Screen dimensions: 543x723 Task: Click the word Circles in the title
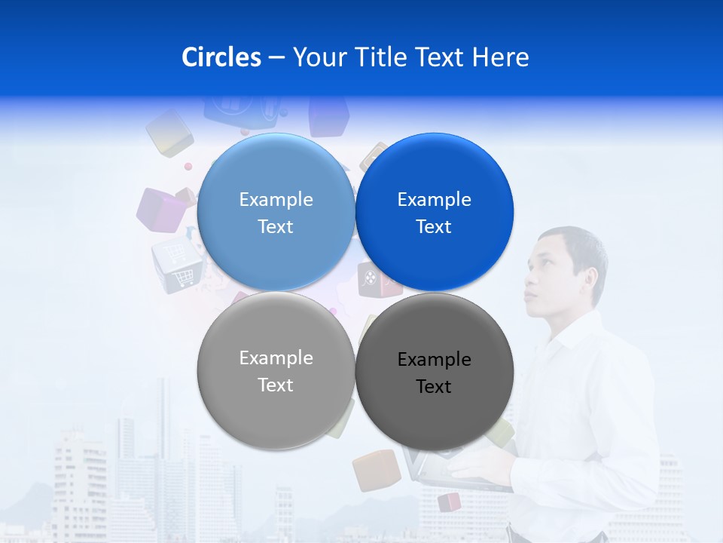(221, 57)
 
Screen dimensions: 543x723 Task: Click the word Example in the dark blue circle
(435, 200)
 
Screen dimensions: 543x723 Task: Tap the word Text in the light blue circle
(276, 227)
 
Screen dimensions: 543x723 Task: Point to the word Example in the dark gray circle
(435, 360)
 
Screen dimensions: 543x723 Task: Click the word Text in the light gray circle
(276, 385)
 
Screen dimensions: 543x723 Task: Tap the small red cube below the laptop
(449, 502)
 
